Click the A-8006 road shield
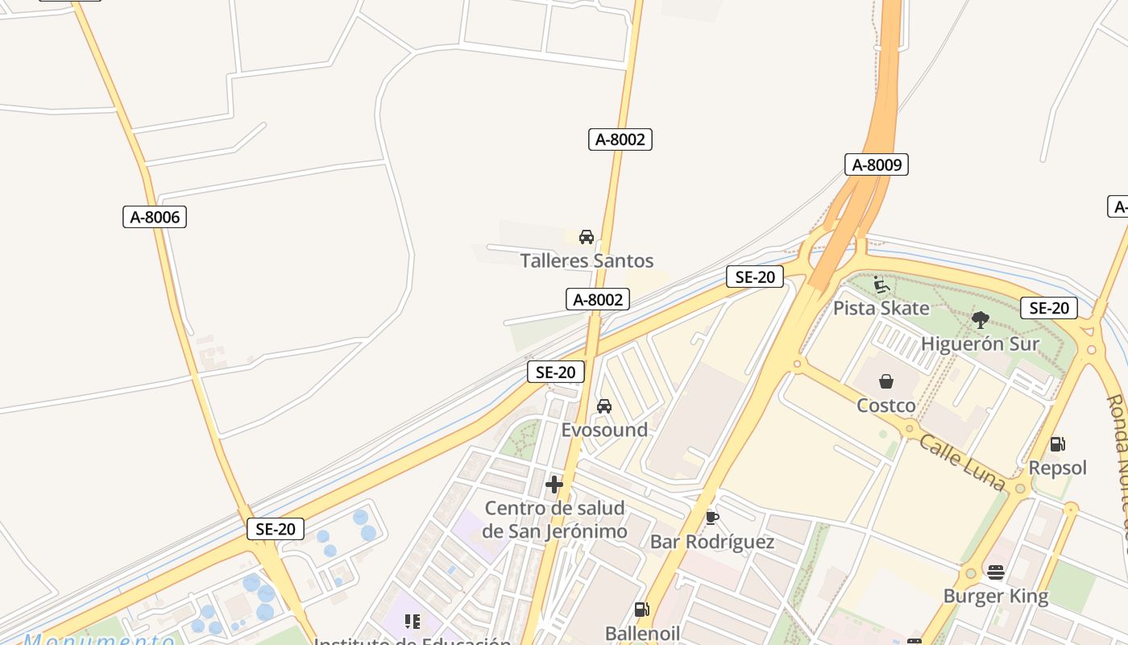click(155, 216)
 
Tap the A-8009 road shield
click(877, 164)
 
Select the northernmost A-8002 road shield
click(620, 139)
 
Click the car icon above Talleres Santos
click(587, 237)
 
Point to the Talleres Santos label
click(587, 260)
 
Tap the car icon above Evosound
click(604, 406)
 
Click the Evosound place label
click(604, 430)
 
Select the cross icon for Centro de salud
click(554, 485)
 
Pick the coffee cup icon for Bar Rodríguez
click(711, 517)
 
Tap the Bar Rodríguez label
click(712, 541)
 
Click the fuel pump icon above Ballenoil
click(642, 610)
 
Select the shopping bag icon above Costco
click(886, 381)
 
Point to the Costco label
click(886, 405)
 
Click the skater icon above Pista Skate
click(881, 285)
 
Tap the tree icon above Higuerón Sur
click(980, 319)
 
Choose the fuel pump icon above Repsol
click(1058, 443)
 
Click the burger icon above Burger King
click(996, 572)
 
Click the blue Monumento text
click(98, 639)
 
